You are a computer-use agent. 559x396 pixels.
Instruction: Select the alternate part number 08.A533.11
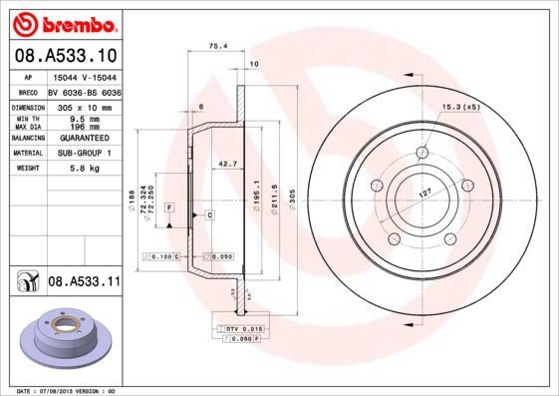pyautogui.click(x=84, y=282)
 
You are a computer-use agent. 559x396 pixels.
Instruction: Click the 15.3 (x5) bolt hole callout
pyautogui.click(x=460, y=107)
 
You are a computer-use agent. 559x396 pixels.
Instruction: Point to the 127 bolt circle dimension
pyautogui.click(x=425, y=196)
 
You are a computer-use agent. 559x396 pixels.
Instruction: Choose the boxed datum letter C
pyautogui.click(x=210, y=214)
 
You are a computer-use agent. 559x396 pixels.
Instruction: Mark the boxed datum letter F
pyautogui.click(x=169, y=206)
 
